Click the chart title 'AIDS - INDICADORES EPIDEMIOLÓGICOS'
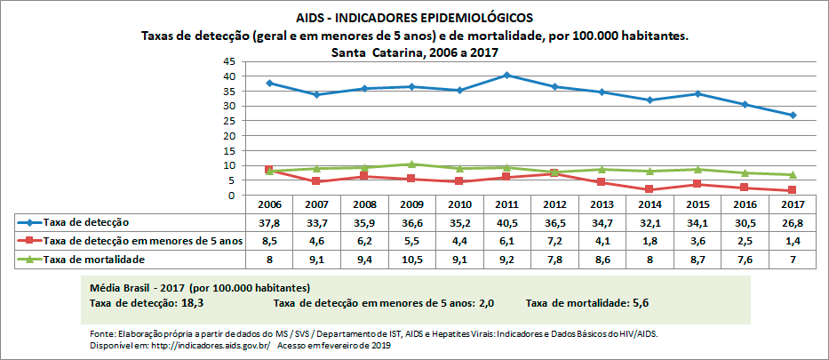415,17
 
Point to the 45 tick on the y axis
228,61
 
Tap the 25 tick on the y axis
228,121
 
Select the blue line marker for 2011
506,75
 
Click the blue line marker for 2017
791,116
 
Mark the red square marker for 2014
649,189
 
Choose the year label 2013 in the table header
602,204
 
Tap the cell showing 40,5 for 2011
506,221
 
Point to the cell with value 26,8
791,221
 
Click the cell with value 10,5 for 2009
411,259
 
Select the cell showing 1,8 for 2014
649,240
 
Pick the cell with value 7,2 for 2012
554,240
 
